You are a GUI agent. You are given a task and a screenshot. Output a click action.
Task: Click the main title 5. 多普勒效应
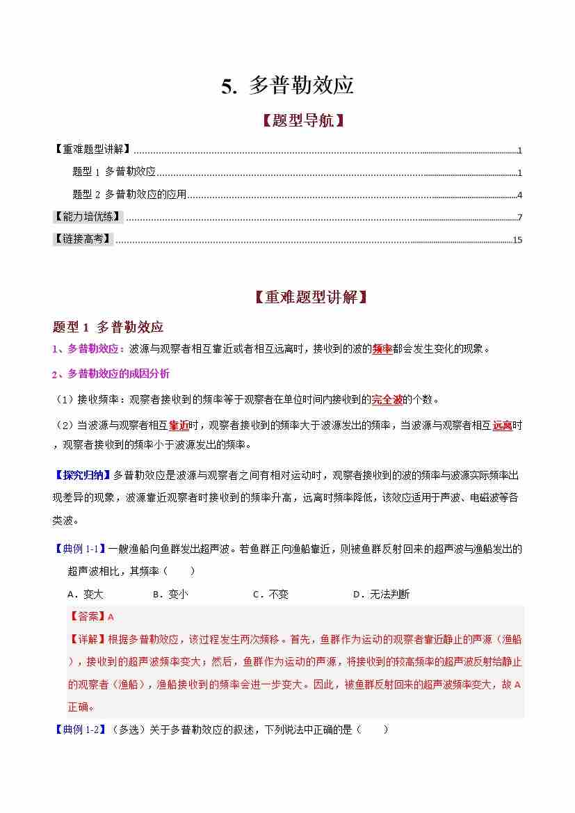pos(288,86)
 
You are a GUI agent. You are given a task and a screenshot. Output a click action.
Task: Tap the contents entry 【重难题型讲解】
pos(92,150)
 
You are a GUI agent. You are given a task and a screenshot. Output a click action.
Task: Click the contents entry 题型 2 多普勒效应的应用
pos(129,195)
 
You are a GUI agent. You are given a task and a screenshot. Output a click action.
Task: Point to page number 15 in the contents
pos(517,241)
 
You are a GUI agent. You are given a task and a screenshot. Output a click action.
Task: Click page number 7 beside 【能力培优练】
pos(519,218)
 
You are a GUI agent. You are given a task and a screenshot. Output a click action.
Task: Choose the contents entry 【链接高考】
pos(83,239)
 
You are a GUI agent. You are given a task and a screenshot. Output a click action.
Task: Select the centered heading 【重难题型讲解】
pos(310,297)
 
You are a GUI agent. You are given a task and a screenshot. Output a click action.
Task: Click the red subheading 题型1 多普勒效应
pos(108,327)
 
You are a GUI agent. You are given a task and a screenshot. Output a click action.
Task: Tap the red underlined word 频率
pos(382,349)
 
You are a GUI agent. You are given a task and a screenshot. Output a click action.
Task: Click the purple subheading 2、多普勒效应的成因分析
pos(111,374)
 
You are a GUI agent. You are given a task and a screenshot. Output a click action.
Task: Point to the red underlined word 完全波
pos(387,400)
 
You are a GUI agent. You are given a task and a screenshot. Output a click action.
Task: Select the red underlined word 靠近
pos(179,425)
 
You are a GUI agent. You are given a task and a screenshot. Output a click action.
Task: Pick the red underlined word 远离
pos(502,425)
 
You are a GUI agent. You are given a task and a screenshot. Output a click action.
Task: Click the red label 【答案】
pos(87,617)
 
